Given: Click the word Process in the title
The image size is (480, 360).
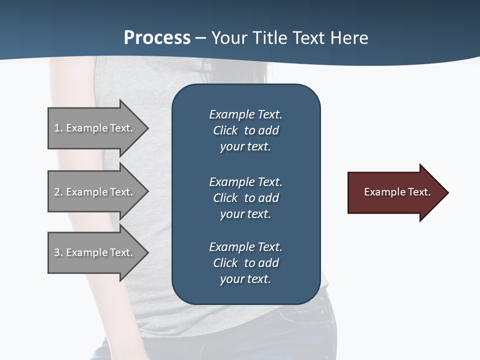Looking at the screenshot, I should [157, 38].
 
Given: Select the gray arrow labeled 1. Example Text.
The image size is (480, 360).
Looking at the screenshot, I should [95, 128].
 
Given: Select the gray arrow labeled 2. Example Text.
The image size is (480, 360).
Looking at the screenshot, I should [95, 192].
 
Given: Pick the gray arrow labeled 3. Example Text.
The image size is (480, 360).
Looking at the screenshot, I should [95, 252].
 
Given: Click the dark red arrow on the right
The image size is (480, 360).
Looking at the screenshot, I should [395, 192].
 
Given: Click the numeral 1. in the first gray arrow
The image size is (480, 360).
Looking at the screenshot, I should [58, 128].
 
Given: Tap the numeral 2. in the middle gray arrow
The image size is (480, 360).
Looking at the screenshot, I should [58, 192].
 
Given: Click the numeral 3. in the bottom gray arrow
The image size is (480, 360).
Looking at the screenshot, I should [58, 252].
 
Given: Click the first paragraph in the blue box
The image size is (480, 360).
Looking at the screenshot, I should [245, 130].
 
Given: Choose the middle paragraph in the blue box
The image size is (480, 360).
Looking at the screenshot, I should [245, 198].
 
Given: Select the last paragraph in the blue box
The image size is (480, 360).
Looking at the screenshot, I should [245, 263].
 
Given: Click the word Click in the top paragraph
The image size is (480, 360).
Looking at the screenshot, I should [225, 130].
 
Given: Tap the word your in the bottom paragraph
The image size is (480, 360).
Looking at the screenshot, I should [230, 279].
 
